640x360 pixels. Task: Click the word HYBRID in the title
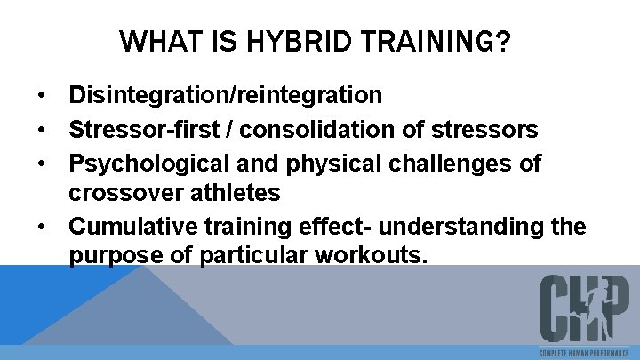(281, 41)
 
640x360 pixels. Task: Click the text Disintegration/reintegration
(226, 94)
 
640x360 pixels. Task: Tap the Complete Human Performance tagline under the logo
(585, 353)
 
